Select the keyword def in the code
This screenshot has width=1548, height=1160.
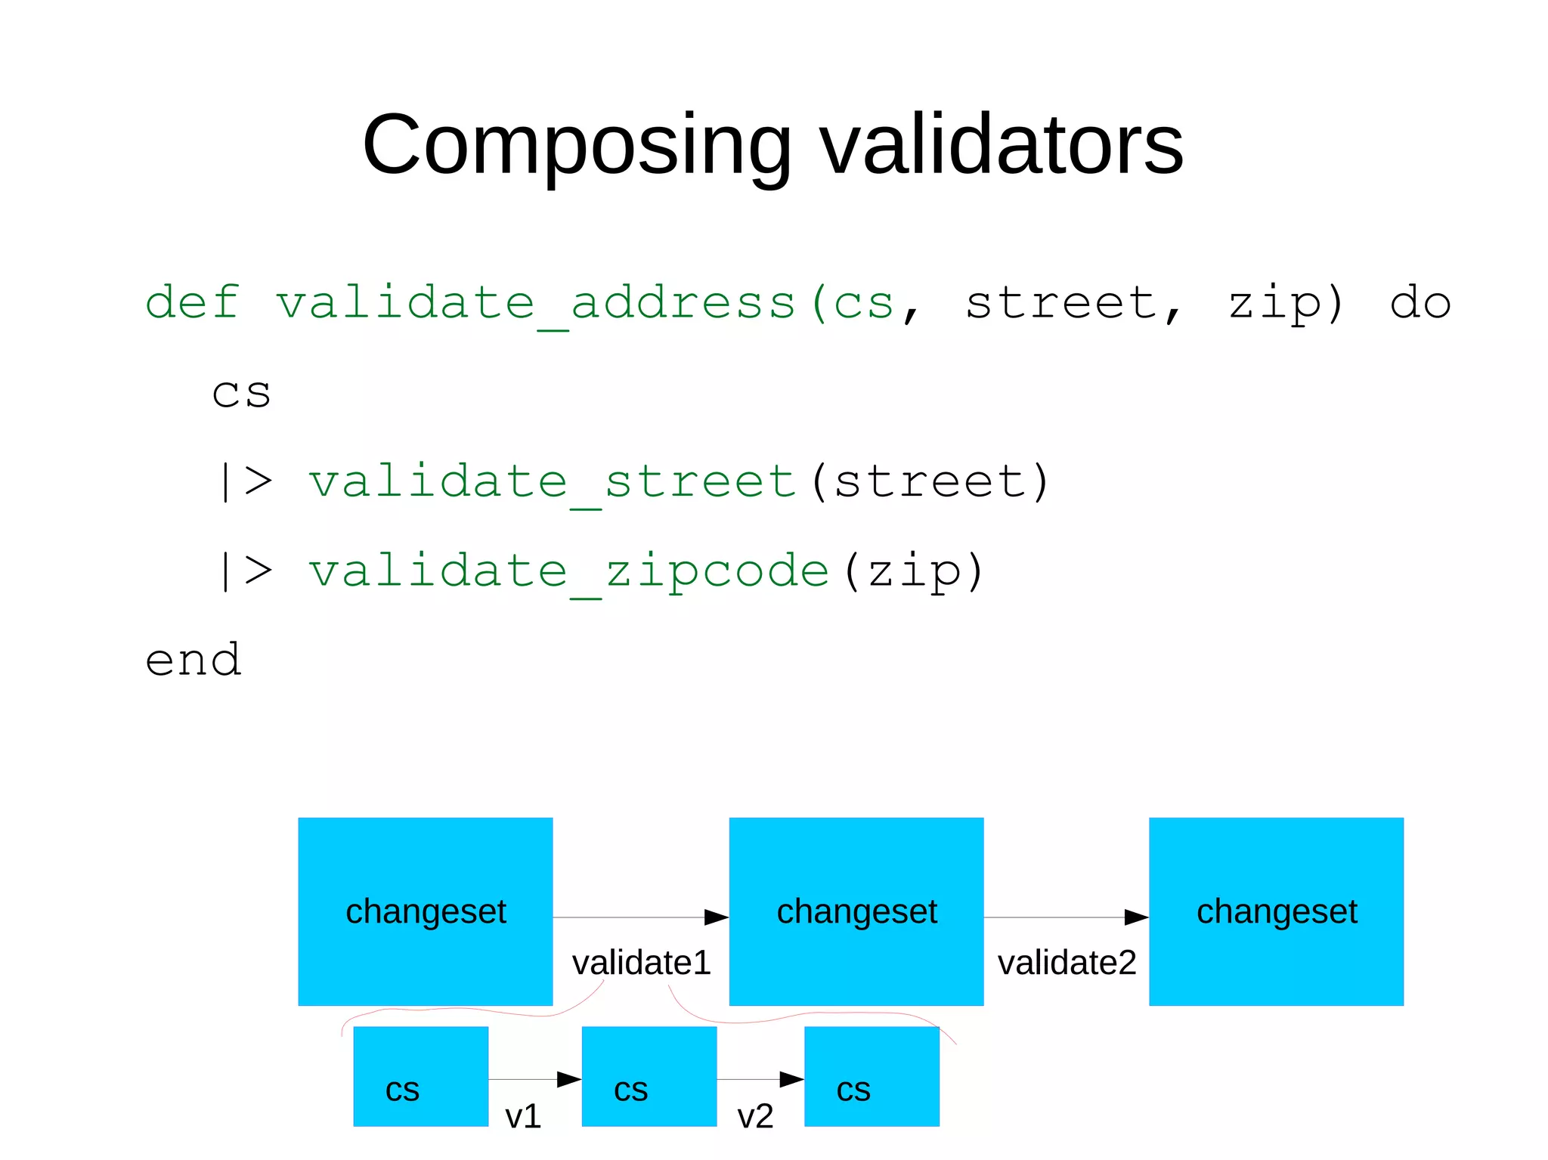tap(192, 302)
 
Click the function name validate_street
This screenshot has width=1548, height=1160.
tap(552, 482)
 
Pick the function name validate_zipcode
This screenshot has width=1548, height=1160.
tap(568, 571)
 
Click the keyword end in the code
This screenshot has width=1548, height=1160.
tap(193, 660)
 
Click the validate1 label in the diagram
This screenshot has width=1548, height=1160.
tap(641, 963)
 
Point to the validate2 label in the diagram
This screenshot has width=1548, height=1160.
tap(1067, 963)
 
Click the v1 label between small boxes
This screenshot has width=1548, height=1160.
tap(523, 1116)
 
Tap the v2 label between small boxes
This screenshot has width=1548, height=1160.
tap(755, 1116)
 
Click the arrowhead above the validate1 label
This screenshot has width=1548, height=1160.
tap(716, 917)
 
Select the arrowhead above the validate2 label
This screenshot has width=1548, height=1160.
tap(1136, 917)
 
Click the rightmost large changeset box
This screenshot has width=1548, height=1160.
tap(1276, 911)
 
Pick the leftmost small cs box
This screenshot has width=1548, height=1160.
tap(420, 1076)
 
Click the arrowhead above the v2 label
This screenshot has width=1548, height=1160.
tap(791, 1079)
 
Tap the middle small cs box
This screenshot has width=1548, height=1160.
tap(649, 1076)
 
